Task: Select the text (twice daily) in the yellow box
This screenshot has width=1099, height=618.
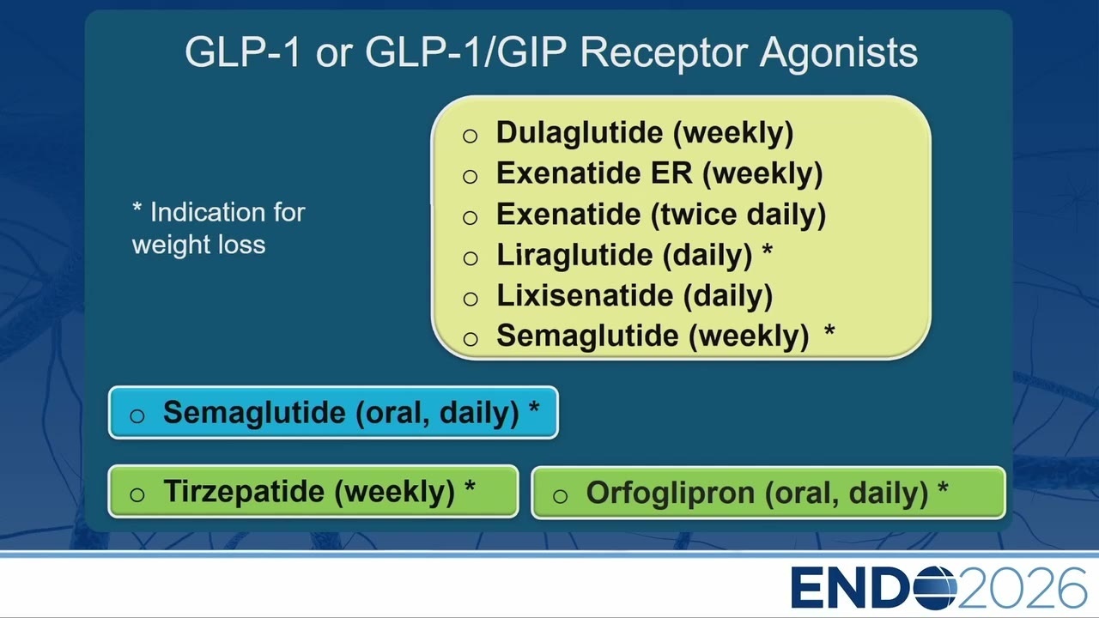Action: pos(738,215)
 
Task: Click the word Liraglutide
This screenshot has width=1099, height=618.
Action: pos(575,256)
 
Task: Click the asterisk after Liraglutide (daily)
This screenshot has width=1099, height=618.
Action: pos(767,250)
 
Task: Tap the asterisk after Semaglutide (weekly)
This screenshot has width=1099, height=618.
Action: pos(829,330)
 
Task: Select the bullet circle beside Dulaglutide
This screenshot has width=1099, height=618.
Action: pos(470,136)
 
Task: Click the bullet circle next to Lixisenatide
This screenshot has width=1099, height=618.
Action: pos(471,299)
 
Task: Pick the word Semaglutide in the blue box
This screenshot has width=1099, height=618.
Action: pos(254,413)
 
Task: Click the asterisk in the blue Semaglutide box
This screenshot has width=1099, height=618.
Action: pos(534,408)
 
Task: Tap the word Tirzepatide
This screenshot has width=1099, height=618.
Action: pos(244,491)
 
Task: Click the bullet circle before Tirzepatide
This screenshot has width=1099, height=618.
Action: pos(137,494)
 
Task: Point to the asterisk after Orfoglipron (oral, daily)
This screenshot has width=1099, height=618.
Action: pos(943,488)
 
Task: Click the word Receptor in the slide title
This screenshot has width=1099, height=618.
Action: pos(664,53)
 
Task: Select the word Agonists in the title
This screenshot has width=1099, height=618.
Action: pos(839,53)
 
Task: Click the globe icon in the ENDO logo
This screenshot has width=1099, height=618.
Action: pos(935,587)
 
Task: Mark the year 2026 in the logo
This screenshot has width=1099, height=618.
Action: pos(1022,588)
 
